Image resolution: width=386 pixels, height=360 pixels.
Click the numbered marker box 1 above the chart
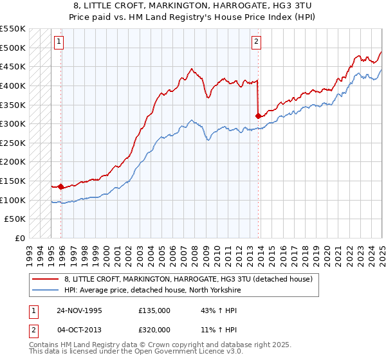59,42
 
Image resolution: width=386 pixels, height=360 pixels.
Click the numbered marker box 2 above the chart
256,42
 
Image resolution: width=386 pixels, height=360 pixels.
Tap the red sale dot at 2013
258,116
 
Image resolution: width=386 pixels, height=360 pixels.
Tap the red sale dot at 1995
60,186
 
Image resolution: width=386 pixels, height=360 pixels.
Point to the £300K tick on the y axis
13,123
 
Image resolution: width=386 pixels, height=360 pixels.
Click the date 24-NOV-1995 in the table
78,310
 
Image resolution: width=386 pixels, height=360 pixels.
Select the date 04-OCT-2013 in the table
78,330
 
